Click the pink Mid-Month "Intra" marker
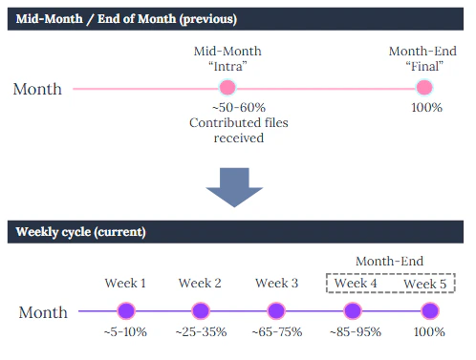227,88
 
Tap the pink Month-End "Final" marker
424,88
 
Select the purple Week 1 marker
124,310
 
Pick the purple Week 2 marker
200,310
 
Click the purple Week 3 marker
275,310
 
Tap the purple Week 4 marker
352,310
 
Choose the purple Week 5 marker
429,310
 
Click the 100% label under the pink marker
426,108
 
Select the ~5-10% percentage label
124,331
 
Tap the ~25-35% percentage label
200,331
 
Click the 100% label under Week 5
429,331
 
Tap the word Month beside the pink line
37,89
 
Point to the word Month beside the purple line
42,312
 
